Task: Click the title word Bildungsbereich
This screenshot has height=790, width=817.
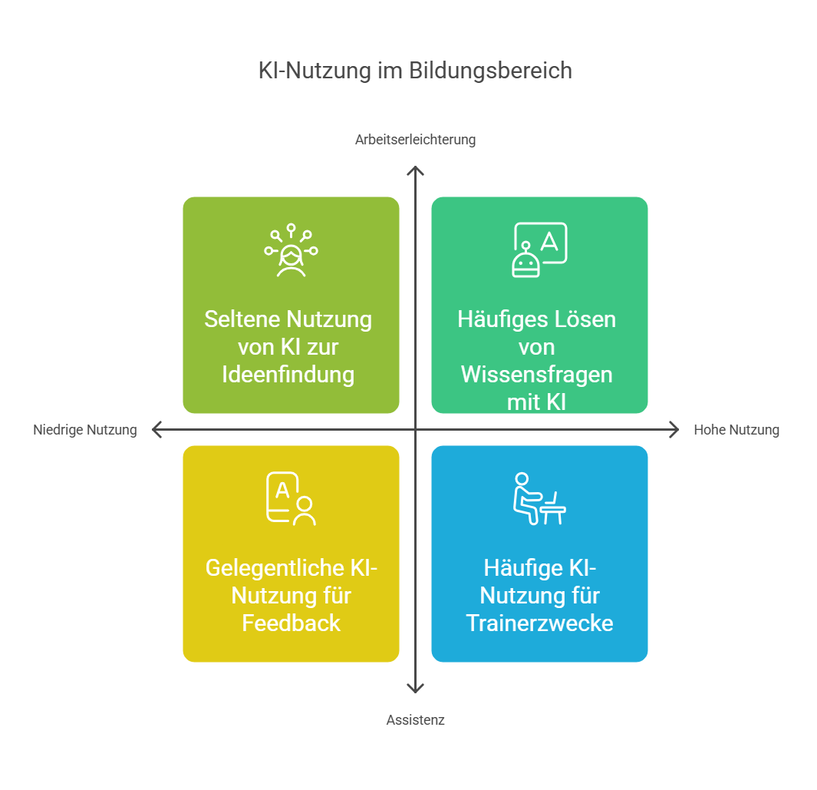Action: (x=490, y=71)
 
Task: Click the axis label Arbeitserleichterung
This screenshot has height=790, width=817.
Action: (x=415, y=140)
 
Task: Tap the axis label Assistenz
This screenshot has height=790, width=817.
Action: (x=415, y=720)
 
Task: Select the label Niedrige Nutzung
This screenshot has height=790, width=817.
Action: (x=85, y=430)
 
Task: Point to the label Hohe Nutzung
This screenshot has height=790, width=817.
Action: (x=736, y=430)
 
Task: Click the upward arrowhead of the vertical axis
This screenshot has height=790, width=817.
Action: (x=415, y=170)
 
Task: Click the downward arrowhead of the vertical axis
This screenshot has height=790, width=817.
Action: (x=415, y=689)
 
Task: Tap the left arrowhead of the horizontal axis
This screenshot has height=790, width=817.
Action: (x=156, y=430)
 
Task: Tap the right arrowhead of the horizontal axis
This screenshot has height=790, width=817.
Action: (x=674, y=430)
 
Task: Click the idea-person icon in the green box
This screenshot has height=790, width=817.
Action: (x=291, y=250)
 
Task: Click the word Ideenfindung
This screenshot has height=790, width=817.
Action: (x=288, y=375)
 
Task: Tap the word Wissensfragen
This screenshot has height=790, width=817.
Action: (x=537, y=375)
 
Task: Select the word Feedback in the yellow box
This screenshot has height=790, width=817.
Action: (x=291, y=623)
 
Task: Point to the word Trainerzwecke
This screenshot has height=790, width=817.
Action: (x=539, y=623)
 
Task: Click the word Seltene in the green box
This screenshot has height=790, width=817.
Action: (x=242, y=319)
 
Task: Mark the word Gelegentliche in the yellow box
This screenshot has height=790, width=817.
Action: (x=276, y=568)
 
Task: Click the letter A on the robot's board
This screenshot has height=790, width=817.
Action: (x=549, y=241)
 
